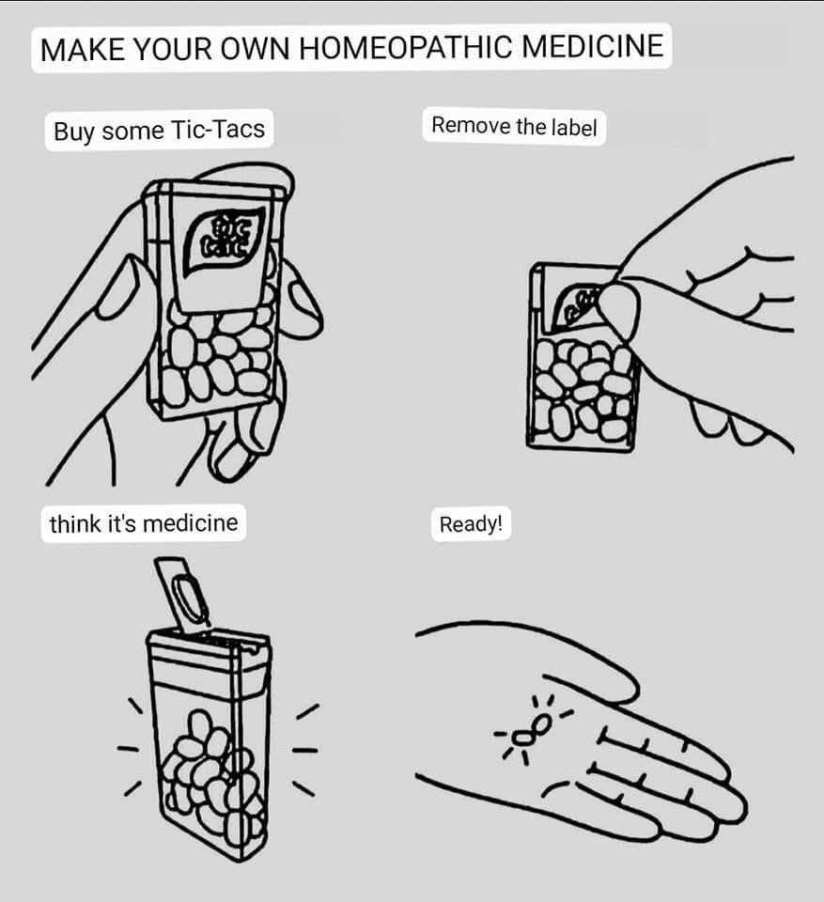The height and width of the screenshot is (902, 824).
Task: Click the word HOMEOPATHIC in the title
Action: pyautogui.click(x=405, y=47)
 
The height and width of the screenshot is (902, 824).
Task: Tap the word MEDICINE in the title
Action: pyautogui.click(x=593, y=45)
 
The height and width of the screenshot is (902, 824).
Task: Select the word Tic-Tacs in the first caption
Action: pyautogui.click(x=218, y=130)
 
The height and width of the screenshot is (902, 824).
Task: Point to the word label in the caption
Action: pyautogui.click(x=574, y=127)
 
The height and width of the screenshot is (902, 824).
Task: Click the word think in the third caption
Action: pyautogui.click(x=75, y=523)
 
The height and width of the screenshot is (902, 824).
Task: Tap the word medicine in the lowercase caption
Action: pyautogui.click(x=190, y=523)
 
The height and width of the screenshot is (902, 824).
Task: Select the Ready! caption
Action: pyautogui.click(x=471, y=524)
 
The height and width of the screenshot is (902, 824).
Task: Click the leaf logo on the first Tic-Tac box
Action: pyautogui.click(x=225, y=242)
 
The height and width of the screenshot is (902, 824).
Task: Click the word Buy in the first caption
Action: pyautogui.click(x=74, y=132)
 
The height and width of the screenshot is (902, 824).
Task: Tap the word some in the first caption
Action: pyautogui.click(x=132, y=132)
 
